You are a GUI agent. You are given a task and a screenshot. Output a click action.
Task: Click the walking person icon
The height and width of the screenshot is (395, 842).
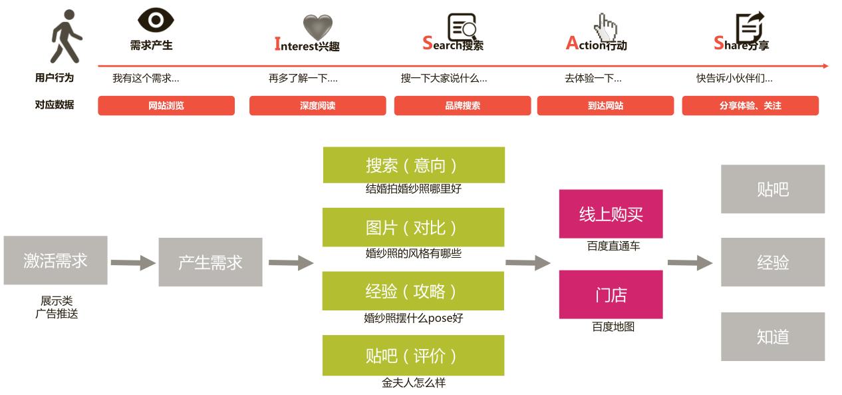point(67,37)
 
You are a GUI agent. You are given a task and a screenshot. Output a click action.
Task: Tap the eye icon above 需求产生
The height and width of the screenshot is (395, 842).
point(156,21)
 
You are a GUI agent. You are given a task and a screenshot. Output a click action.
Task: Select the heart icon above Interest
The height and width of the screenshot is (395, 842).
point(317,27)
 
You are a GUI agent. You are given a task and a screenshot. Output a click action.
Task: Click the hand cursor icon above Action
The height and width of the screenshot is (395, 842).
point(605,27)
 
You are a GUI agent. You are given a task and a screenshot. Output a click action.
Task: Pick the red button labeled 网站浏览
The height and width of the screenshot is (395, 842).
point(166,106)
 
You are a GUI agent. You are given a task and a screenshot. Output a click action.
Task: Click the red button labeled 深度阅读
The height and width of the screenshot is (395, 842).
point(317,106)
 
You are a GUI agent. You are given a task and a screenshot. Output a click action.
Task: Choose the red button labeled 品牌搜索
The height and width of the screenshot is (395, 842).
point(462,106)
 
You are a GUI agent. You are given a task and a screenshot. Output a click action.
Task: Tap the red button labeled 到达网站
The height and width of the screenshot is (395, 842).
point(605,106)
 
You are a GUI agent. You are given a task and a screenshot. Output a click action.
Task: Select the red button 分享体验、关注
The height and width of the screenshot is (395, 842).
point(750,106)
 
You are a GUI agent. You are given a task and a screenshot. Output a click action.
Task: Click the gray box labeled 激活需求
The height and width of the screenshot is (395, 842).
point(55,260)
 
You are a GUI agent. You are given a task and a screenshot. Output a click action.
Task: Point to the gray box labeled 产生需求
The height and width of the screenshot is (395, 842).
point(210,262)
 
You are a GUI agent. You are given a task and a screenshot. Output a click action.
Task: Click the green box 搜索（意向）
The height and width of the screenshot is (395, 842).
point(414,165)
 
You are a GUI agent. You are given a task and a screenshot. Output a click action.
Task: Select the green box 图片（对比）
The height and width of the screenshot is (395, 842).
point(414,227)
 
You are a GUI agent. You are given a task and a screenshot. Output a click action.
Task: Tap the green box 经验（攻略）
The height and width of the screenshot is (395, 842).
point(414,291)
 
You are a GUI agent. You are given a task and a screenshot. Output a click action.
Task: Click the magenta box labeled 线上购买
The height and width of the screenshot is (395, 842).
point(611,214)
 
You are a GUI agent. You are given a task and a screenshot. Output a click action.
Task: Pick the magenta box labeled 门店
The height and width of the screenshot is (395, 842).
point(611,294)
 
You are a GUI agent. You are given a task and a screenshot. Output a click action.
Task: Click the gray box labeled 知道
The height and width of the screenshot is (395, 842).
point(772,337)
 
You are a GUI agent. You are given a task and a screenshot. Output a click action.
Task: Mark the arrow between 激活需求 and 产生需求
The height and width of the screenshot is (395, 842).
point(132,263)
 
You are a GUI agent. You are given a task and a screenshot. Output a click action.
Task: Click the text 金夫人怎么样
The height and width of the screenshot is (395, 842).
point(413,383)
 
